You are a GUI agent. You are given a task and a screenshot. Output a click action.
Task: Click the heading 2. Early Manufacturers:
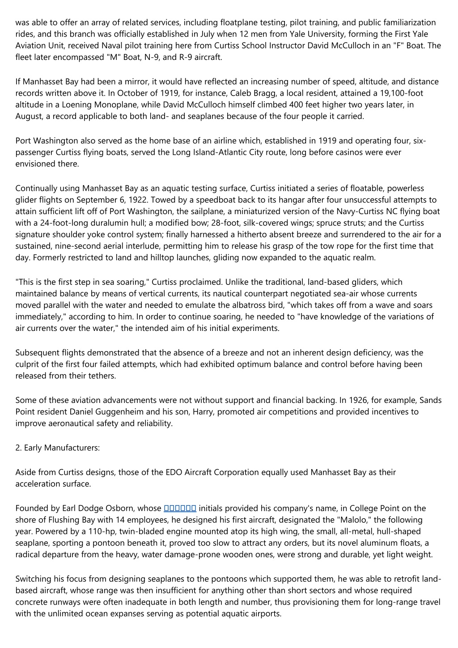coord(57,448)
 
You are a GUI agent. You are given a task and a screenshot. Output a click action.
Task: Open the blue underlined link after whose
coord(180,508)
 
